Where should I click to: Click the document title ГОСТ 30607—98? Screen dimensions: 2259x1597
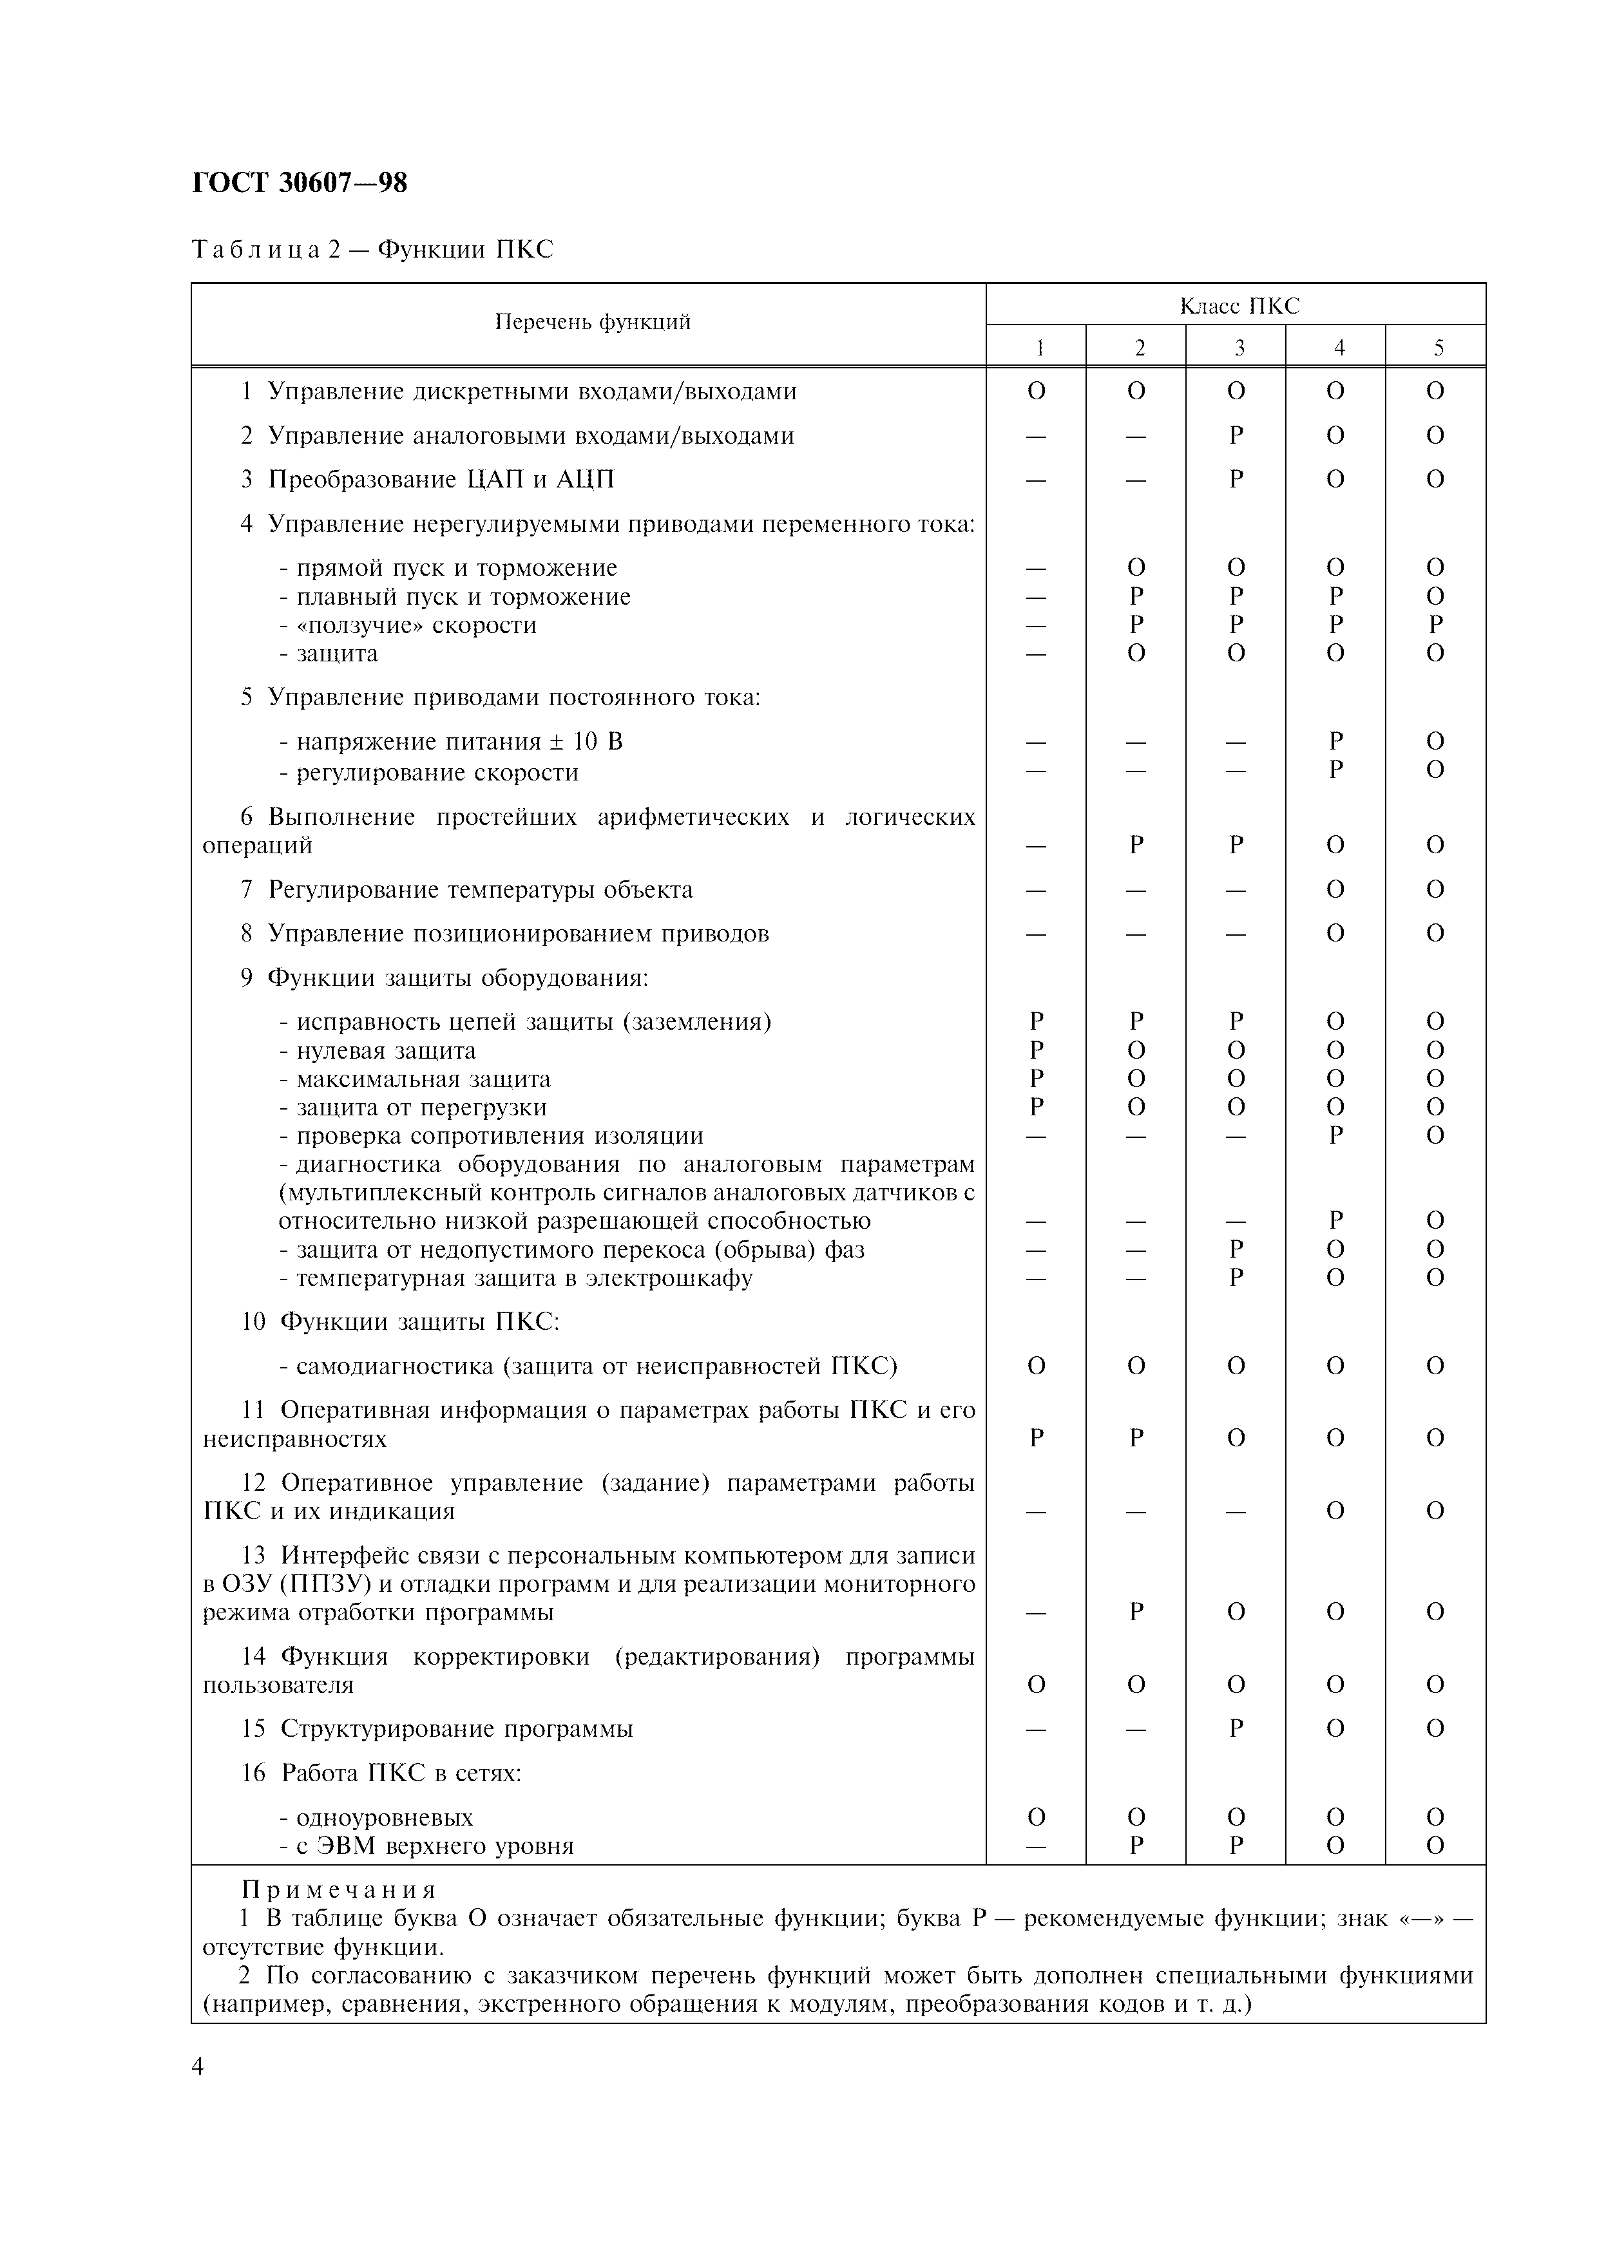299,183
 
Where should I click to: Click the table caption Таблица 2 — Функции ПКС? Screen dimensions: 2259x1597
372,250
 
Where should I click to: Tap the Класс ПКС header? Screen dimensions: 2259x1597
1239,306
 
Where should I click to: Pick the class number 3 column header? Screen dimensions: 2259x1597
1239,347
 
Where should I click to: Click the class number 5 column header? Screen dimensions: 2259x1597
1439,347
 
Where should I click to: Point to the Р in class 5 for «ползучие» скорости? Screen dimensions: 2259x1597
1436,625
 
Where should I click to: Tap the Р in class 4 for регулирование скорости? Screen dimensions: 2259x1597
1335,770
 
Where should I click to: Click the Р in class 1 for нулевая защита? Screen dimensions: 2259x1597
1036,1050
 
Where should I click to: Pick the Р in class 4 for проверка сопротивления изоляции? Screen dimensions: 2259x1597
1335,1135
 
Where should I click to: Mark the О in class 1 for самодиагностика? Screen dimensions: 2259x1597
1036,1366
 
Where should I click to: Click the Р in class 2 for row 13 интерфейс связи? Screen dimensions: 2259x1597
1136,1612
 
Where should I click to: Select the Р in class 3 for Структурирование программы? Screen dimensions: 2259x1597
1237,1728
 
